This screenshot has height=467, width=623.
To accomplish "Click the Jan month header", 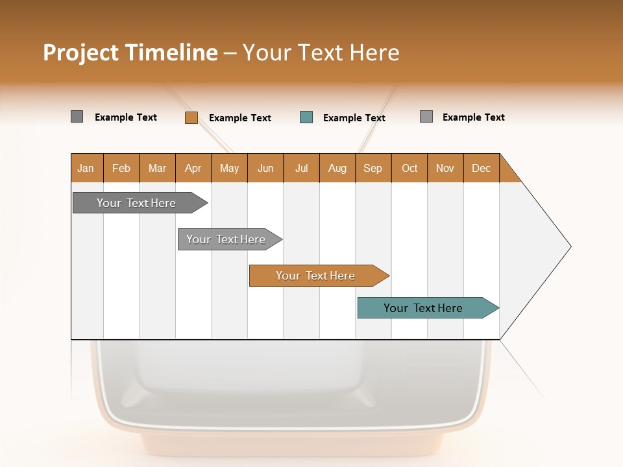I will coord(86,168).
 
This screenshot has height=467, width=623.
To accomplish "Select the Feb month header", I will coord(121,168).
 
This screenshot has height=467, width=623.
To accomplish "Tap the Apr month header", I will coord(193,168).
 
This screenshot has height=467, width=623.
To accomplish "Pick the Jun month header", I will coord(265,168).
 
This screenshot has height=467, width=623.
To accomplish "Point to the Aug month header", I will coord(337,168).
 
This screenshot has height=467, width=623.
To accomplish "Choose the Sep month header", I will coord(373,168).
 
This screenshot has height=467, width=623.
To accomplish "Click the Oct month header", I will coord(409,168).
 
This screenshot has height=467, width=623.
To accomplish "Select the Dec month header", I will coord(482,168).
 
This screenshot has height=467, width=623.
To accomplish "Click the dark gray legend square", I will coord(77,117).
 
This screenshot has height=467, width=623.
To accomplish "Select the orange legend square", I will coord(191,117).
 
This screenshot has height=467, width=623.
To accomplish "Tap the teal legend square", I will coord(306,117).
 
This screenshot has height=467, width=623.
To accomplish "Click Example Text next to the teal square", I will coord(354,118).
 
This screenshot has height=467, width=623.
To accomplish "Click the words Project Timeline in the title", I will coord(130,53).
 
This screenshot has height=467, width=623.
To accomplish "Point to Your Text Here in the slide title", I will coord(321,53).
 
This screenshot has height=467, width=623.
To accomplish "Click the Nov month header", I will coord(445,168).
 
